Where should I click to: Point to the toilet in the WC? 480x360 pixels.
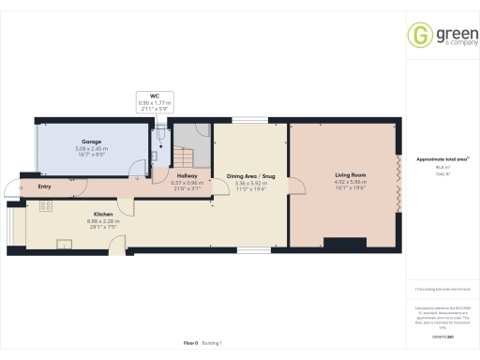160,137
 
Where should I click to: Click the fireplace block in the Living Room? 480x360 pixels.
335,243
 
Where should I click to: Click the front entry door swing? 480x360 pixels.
11,187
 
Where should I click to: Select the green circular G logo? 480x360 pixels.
418,35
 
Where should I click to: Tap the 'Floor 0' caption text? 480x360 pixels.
190,344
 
